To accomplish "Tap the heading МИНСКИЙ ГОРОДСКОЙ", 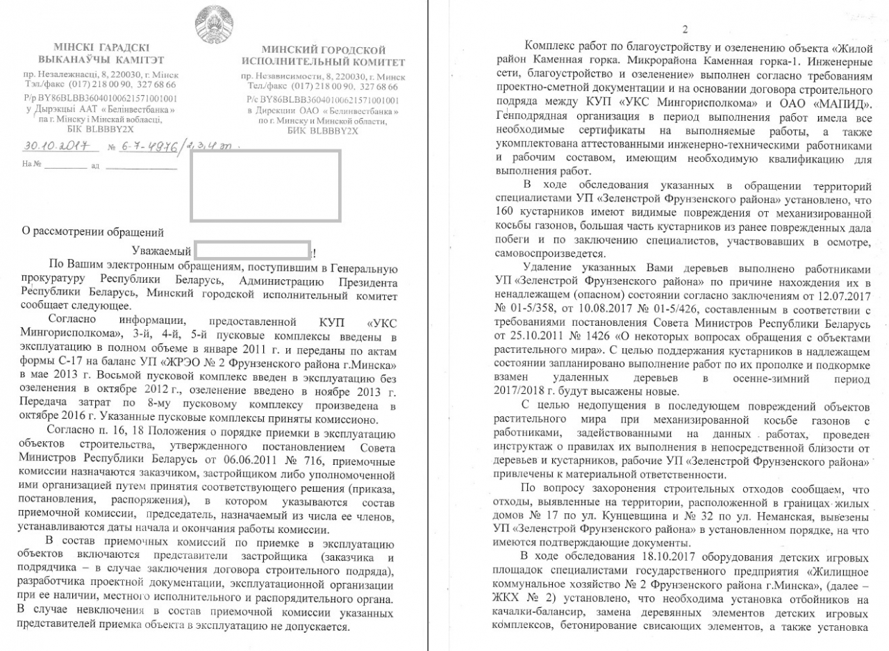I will point(323,50).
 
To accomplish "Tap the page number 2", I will point(685,29).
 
